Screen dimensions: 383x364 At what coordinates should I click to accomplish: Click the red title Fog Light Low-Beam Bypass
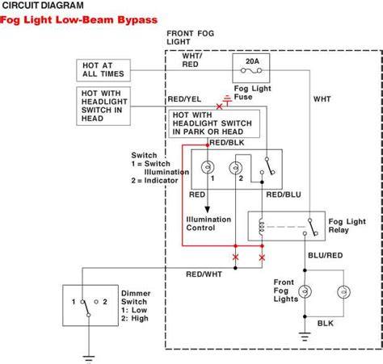(78, 20)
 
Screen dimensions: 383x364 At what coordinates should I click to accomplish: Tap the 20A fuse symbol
(251, 71)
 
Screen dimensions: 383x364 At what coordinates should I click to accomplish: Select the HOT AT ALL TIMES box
(103, 70)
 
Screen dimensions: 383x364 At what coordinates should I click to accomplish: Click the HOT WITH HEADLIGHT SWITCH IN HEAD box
(103, 106)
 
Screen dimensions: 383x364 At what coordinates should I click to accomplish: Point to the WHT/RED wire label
(191, 60)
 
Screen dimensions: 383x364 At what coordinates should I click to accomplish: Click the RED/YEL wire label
(184, 99)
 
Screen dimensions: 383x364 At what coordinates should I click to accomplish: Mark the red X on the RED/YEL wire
(219, 107)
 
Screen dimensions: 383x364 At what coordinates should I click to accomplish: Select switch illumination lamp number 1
(208, 167)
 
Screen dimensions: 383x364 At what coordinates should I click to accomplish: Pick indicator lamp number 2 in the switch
(235, 168)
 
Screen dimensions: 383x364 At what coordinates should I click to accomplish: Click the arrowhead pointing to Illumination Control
(207, 209)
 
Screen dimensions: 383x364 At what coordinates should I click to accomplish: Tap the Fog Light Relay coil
(261, 227)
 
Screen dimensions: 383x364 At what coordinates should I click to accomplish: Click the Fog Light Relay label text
(347, 226)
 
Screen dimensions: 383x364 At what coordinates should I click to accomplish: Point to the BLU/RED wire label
(326, 255)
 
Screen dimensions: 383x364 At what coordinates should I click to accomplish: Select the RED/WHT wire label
(204, 274)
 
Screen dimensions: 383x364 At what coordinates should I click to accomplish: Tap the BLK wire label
(326, 324)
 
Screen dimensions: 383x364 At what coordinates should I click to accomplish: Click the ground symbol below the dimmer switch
(89, 359)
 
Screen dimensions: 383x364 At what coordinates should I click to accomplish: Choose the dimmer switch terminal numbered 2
(96, 302)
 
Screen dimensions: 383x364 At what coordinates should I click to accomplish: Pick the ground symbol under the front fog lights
(305, 337)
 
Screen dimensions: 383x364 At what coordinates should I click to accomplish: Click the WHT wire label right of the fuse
(322, 99)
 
